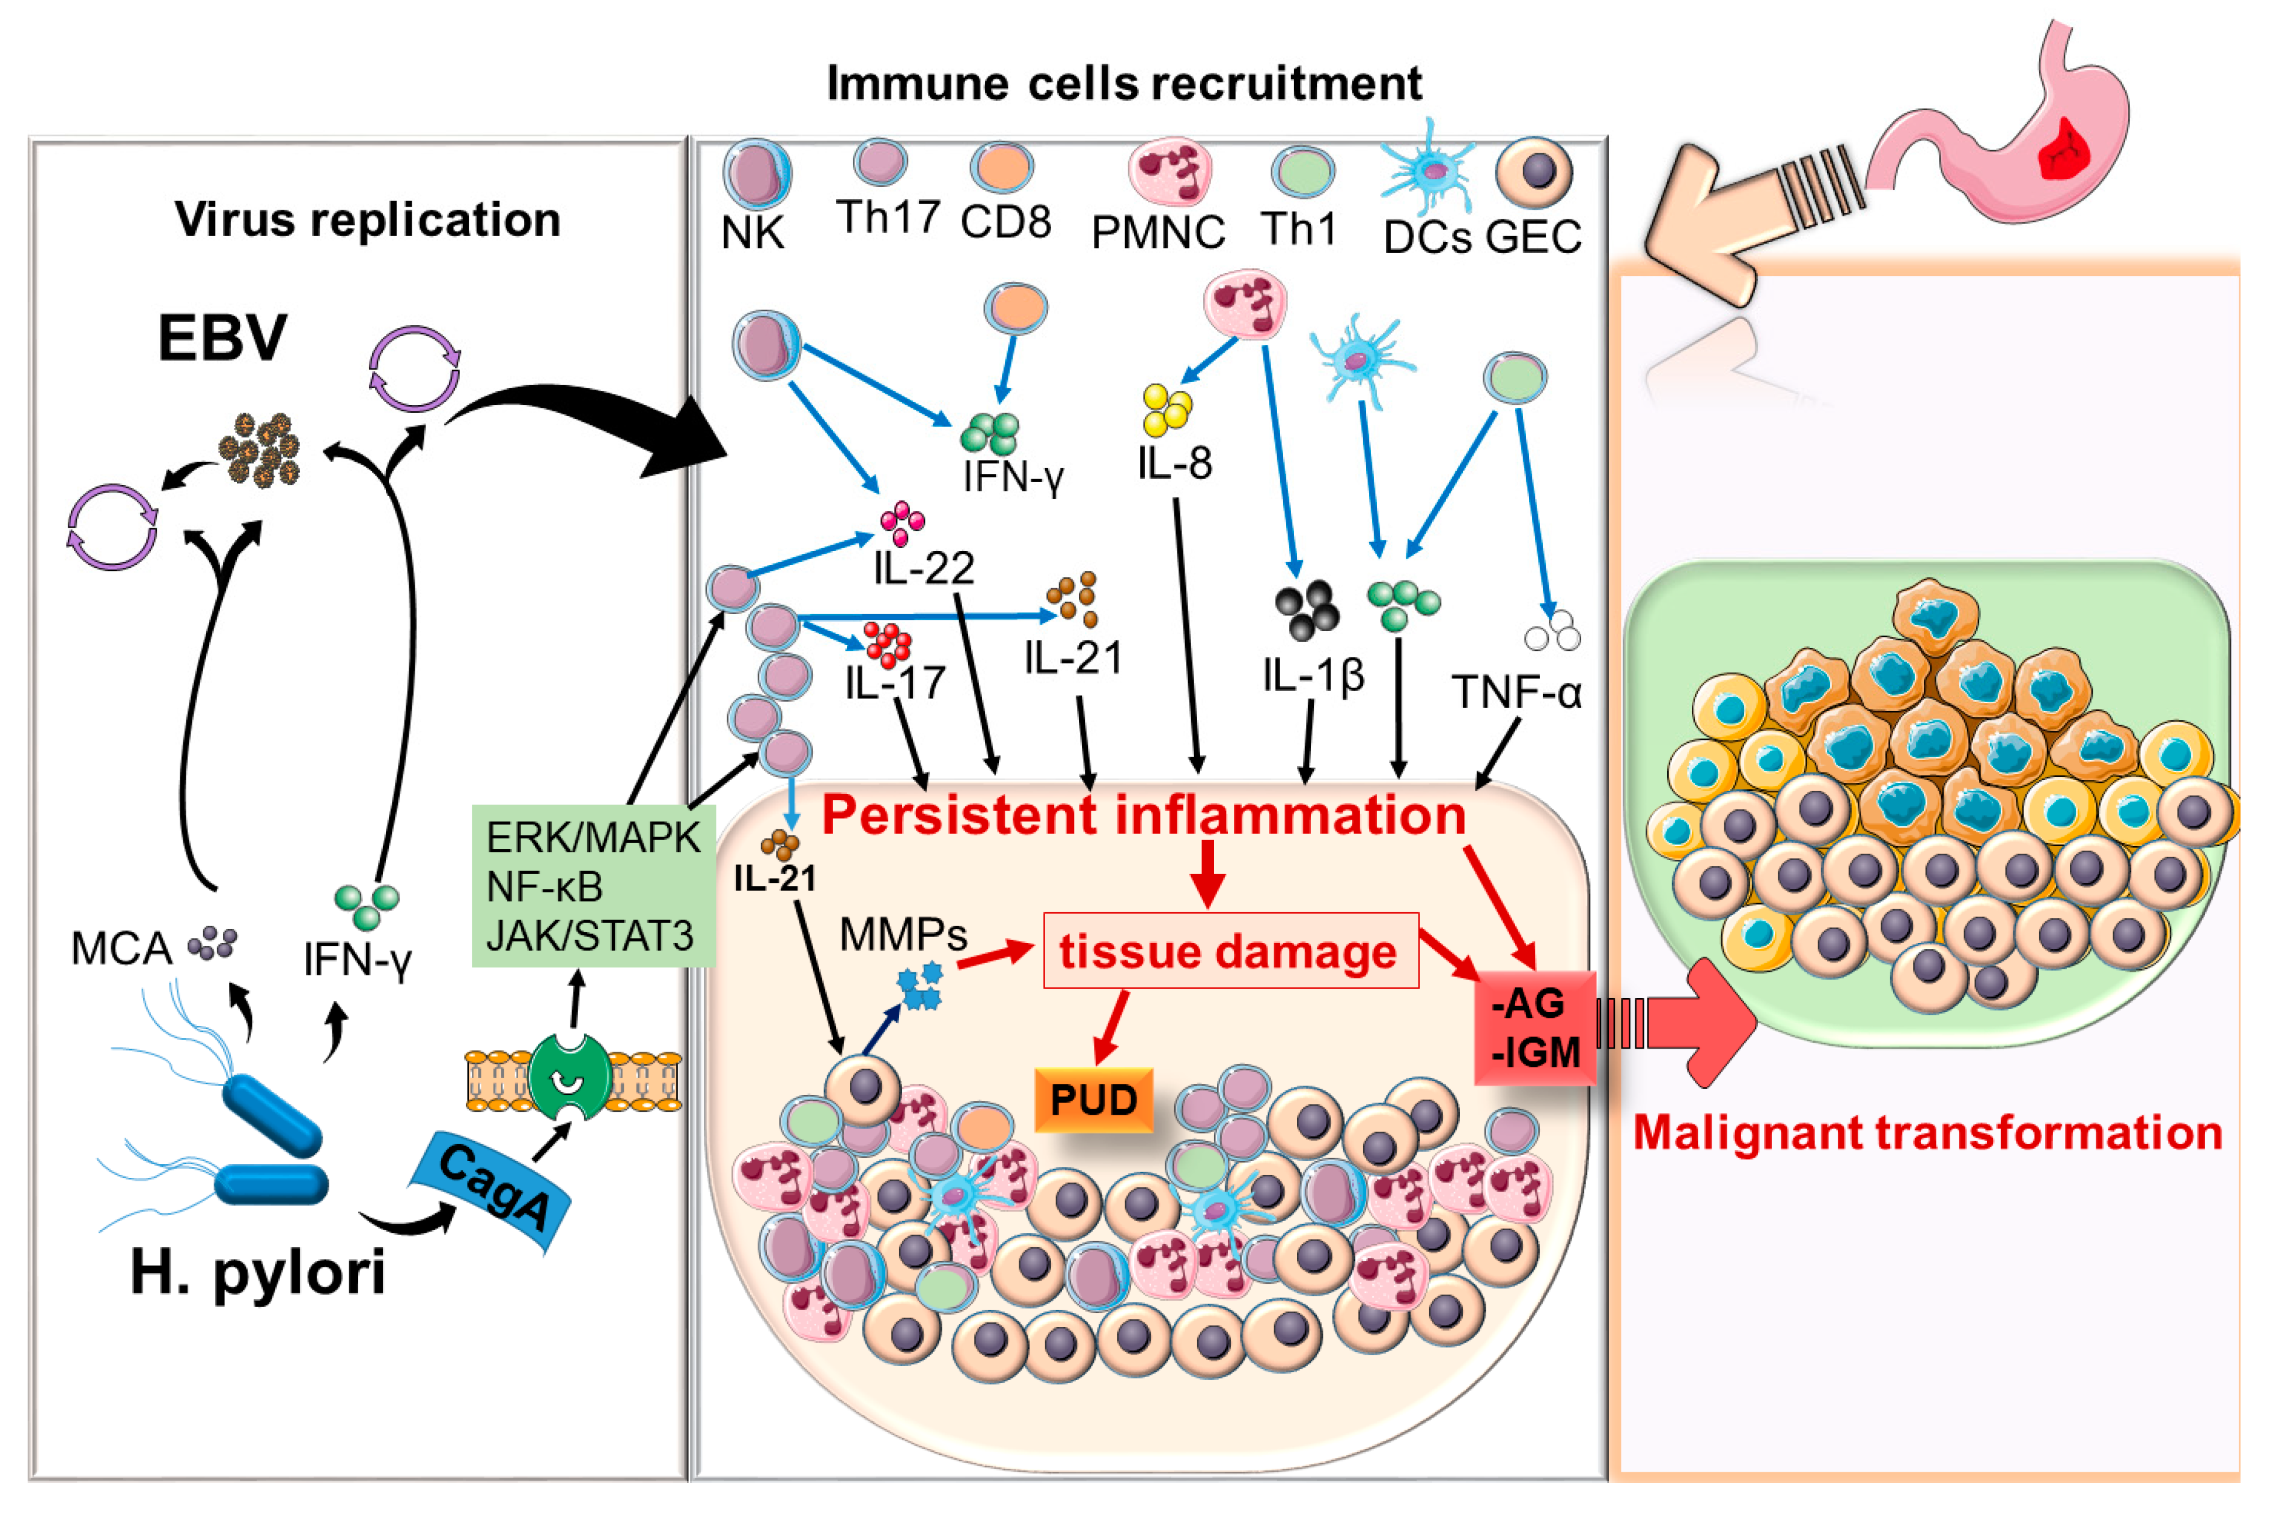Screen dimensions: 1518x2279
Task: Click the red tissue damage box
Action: tap(1230, 951)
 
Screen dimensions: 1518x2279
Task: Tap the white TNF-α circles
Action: tap(1552, 630)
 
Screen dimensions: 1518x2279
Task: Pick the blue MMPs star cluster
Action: tap(919, 986)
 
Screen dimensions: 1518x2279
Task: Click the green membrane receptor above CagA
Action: tap(569, 1076)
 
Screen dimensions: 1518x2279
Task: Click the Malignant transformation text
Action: tap(1927, 1133)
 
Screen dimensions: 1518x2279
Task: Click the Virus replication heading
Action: tap(367, 219)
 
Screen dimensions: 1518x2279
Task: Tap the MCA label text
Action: tap(120, 949)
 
